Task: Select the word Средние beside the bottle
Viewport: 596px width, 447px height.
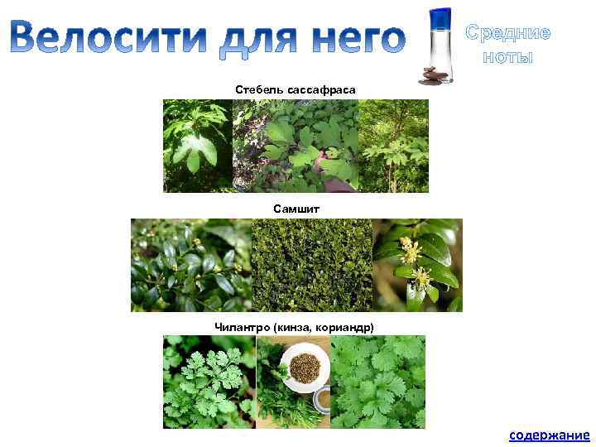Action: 507,33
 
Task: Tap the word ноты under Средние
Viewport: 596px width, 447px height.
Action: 507,57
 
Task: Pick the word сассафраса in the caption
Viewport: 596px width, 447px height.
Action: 320,88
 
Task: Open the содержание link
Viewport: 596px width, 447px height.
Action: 549,435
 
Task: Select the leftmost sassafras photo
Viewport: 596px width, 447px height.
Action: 198,146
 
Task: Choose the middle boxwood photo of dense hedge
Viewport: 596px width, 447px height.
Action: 311,265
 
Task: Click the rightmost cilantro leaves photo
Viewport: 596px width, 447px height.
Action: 378,382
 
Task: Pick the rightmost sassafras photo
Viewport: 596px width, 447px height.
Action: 393,146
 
